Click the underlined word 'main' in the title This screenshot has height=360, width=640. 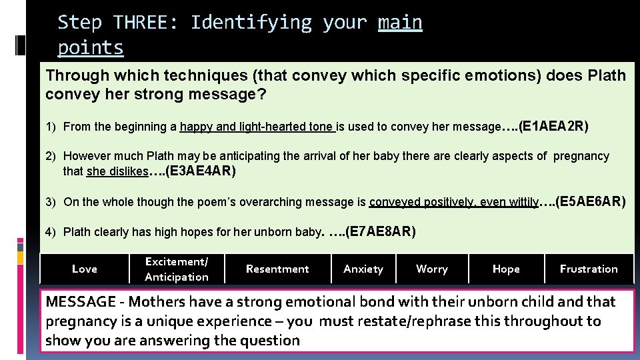[400, 23]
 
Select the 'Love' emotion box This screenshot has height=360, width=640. [85, 269]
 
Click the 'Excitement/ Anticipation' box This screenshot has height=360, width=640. [177, 269]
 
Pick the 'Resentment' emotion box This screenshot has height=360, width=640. [277, 269]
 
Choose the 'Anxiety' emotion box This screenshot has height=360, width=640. [363, 269]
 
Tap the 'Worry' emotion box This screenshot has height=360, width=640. [432, 269]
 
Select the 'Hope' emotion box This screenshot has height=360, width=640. [506, 269]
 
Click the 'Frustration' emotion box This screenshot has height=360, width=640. [589, 269]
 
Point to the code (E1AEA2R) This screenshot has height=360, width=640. [553, 125]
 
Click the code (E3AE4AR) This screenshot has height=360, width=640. [201, 171]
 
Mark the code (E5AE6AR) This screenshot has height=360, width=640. [590, 201]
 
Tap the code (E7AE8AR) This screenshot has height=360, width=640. [381, 231]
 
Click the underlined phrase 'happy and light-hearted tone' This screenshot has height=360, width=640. [257, 127]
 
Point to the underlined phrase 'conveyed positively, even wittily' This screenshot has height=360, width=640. [453, 202]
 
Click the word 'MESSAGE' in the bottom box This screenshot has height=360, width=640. [81, 301]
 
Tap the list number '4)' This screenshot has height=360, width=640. [51, 232]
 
